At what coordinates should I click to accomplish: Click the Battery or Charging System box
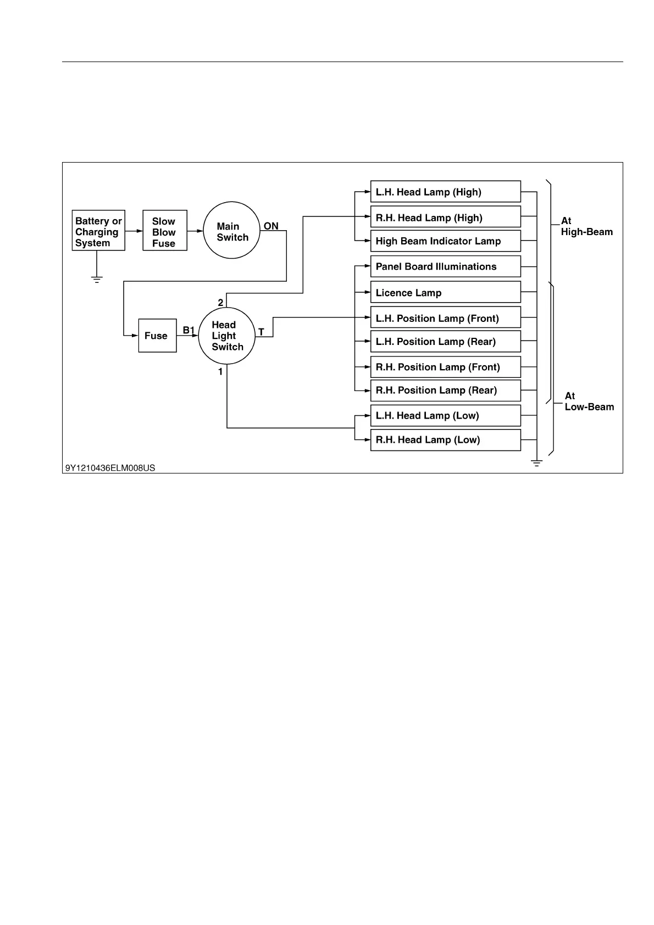pyautogui.click(x=98, y=231)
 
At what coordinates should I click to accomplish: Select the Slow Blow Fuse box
pyautogui.click(x=165, y=231)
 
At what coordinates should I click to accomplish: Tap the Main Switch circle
pyautogui.click(x=231, y=231)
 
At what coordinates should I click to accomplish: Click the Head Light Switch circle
pyautogui.click(x=227, y=336)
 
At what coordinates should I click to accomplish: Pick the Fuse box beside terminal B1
pyautogui.click(x=157, y=336)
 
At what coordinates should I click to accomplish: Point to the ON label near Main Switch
pyautogui.click(x=271, y=226)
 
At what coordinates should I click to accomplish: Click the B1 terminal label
pyautogui.click(x=189, y=330)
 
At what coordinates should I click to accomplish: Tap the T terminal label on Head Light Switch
pyautogui.click(x=261, y=332)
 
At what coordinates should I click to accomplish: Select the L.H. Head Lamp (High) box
pyautogui.click(x=445, y=192)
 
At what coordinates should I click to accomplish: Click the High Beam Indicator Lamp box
pyautogui.click(x=445, y=241)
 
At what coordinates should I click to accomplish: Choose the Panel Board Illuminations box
pyautogui.click(x=445, y=266)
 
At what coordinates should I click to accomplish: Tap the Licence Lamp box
pyautogui.click(x=445, y=292)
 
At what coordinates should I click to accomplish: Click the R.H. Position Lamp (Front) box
pyautogui.click(x=445, y=367)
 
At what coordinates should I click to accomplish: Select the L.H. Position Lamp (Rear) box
pyautogui.click(x=445, y=342)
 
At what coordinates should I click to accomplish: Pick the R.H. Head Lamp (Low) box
pyautogui.click(x=445, y=440)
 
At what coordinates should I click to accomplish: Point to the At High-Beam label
pyautogui.click(x=586, y=226)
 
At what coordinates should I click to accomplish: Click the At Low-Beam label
pyautogui.click(x=589, y=402)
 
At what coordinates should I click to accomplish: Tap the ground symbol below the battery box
pyautogui.click(x=97, y=279)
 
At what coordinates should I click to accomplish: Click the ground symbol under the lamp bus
pyautogui.click(x=537, y=463)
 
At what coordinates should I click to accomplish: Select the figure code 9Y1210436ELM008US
pyautogui.click(x=110, y=468)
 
